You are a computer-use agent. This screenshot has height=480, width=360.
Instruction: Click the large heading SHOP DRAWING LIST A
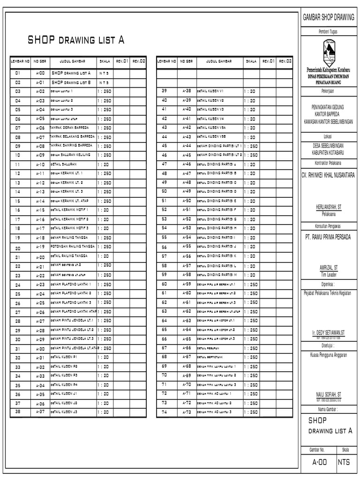point(76,40)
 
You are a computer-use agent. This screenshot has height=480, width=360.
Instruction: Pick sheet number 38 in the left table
point(18,412)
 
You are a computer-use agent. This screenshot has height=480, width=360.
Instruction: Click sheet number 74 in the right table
point(165,412)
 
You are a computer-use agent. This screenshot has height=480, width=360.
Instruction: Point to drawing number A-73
point(187,412)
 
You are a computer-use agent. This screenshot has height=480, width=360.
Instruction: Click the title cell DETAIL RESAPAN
point(208,348)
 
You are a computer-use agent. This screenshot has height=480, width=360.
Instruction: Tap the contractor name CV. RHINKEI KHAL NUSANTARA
point(328,175)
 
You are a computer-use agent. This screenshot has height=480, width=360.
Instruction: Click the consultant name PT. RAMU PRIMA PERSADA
point(328,237)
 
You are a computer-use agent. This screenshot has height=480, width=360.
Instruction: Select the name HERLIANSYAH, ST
point(328,206)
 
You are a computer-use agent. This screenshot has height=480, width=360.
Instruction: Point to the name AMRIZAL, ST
point(328,267)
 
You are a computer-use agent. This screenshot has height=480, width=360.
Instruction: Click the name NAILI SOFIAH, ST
point(328,395)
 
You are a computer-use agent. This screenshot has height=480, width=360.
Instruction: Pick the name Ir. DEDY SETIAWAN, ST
point(328,332)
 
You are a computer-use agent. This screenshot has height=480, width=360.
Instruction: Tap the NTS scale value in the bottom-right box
point(346,463)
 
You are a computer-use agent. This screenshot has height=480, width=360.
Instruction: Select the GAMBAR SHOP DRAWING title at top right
point(328,17)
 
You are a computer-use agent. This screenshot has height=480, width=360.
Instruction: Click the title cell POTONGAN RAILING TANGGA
point(72,246)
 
